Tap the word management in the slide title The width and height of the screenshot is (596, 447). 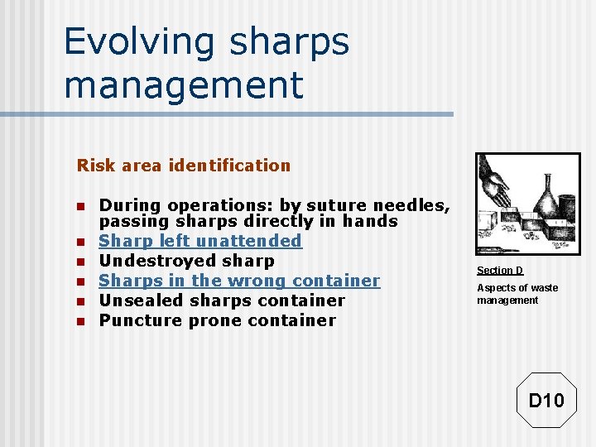point(183,84)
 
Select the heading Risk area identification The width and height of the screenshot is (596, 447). point(184,166)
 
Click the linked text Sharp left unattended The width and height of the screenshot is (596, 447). point(200,241)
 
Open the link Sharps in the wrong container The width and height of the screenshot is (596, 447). point(239,281)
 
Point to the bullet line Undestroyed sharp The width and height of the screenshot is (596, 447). point(186,261)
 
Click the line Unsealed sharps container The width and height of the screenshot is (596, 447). point(222,300)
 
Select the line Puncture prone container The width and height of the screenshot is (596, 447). point(217,320)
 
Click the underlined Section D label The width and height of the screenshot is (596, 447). point(500,271)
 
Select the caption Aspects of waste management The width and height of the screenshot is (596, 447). point(517,294)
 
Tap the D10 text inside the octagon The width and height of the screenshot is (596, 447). point(546,401)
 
